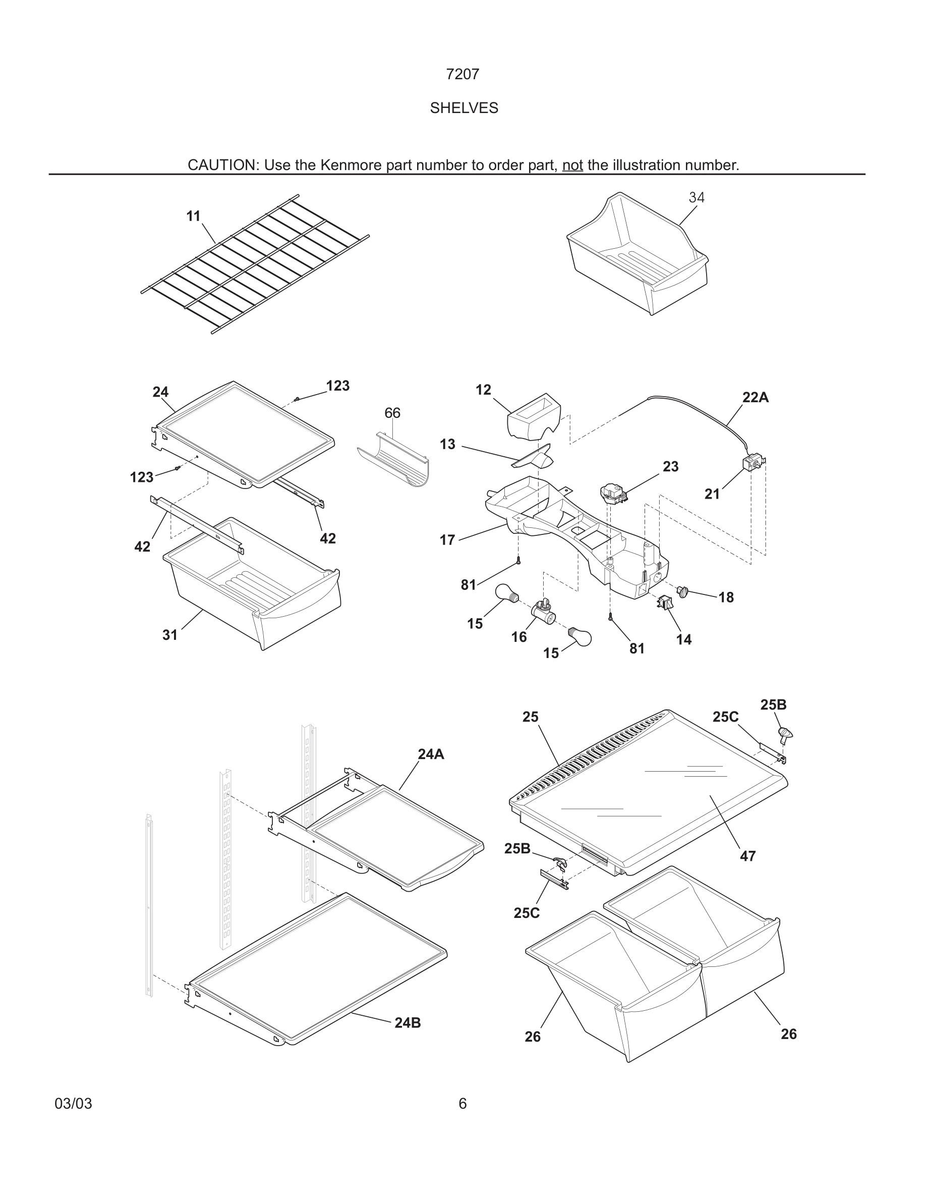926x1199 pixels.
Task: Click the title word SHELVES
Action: coord(464,108)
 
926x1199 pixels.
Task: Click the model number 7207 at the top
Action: coord(462,74)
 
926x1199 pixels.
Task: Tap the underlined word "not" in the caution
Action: coord(572,165)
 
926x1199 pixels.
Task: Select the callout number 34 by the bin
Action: coord(696,197)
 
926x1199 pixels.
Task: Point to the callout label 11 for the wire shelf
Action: coord(193,216)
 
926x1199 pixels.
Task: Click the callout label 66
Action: coord(392,413)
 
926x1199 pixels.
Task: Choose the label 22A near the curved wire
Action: coord(755,398)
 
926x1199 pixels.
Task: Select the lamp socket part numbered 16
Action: coord(542,610)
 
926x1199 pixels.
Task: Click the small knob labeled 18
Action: coord(682,592)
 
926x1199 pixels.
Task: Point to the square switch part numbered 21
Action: coord(751,462)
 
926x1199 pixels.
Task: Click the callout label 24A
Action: coord(431,754)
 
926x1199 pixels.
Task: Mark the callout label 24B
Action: coord(408,1023)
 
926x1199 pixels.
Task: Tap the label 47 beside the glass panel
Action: coord(748,856)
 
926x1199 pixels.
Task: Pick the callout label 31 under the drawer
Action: coord(170,635)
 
